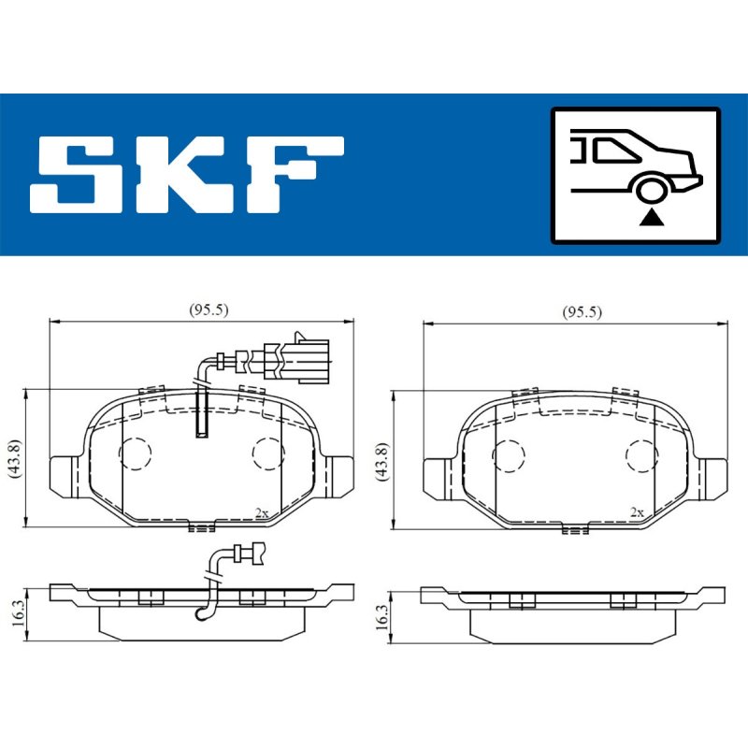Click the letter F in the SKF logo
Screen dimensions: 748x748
tap(295, 174)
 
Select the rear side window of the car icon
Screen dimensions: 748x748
tap(614, 150)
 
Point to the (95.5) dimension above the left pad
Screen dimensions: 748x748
tap(209, 309)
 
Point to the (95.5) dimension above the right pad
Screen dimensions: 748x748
tap(582, 312)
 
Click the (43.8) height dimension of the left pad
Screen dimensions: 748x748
tap(15, 459)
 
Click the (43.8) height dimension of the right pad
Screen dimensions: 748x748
tap(382, 461)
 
